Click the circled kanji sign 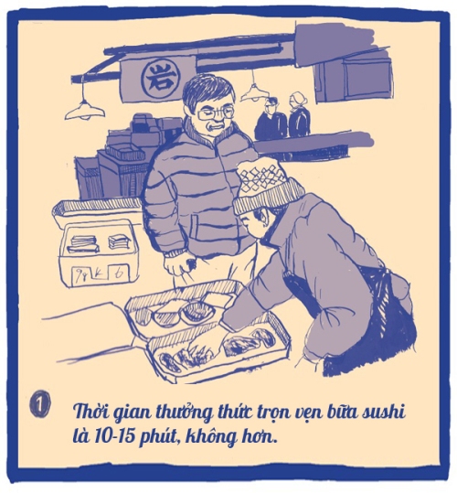(161, 78)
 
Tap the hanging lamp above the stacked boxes (85, 110)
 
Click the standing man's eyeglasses (216, 113)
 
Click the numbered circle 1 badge (40, 403)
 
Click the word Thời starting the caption (90, 413)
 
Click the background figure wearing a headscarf (299, 113)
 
